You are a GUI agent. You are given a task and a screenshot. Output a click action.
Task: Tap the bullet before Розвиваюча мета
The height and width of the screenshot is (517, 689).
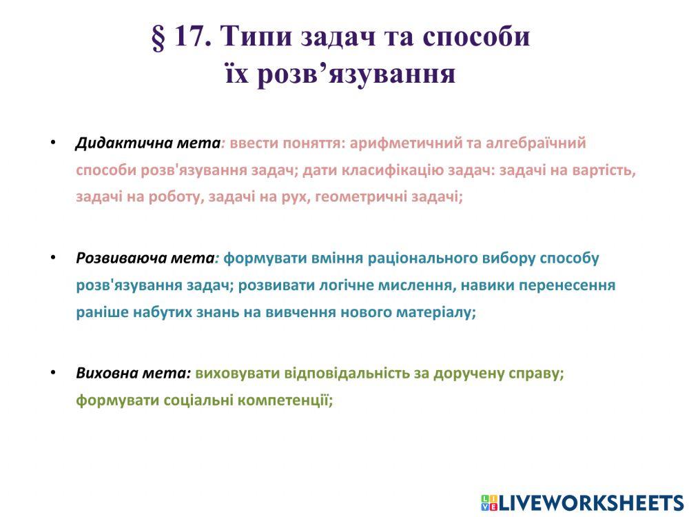52,258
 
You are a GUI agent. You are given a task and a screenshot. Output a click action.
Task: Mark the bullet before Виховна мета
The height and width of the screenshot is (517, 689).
52,373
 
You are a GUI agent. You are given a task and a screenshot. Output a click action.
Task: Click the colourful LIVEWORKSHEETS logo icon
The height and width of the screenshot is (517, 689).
489,503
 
